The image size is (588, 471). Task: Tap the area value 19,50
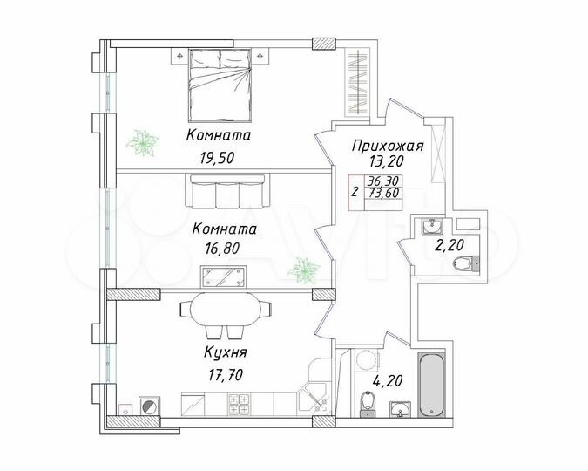click(x=219, y=159)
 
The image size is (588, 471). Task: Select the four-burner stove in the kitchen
click(x=240, y=405)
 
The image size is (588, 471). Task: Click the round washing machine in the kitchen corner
click(x=148, y=406)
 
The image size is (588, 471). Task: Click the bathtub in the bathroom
click(x=432, y=385)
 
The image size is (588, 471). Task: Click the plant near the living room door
click(x=303, y=270)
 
